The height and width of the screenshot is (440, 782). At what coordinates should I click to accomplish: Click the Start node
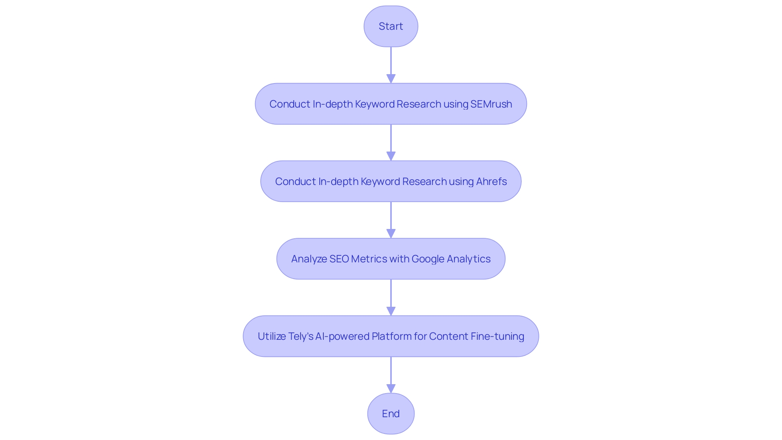391,26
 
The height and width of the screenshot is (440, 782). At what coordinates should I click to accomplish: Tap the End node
391,414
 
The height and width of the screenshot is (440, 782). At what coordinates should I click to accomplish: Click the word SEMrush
491,104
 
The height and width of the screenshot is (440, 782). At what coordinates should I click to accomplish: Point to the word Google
428,259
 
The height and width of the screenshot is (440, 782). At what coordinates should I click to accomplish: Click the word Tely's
301,336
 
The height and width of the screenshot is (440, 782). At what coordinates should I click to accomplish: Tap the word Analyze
309,259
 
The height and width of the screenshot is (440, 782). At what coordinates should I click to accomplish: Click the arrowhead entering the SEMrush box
391,79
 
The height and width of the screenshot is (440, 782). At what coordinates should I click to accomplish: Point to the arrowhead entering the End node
391,388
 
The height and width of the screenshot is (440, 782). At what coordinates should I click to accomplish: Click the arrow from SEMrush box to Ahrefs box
391,141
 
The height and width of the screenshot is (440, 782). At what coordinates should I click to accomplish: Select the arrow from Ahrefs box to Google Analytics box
391,218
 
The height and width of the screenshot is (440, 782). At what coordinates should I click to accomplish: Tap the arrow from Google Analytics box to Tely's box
391,295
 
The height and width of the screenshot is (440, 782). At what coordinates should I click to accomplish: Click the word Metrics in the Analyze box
369,259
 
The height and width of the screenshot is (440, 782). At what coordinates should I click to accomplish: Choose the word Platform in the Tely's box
391,336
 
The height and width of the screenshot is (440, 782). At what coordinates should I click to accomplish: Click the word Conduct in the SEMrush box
289,104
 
